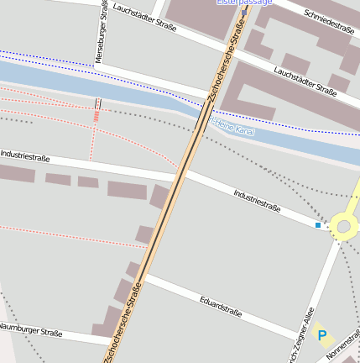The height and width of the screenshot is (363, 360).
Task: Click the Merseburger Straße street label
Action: point(103,22)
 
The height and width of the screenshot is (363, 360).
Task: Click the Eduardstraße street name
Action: point(221,305)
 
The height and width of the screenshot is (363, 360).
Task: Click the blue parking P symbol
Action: point(322,336)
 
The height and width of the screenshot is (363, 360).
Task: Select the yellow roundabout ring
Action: point(344,224)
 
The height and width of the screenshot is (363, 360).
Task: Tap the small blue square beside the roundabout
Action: point(318,225)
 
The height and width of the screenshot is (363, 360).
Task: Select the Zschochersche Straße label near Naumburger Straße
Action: point(123,321)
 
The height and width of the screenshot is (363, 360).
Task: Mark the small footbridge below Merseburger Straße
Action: point(98,104)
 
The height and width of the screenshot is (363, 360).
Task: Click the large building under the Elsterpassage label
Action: point(197,17)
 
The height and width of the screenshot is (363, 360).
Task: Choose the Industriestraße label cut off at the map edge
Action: point(25,156)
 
